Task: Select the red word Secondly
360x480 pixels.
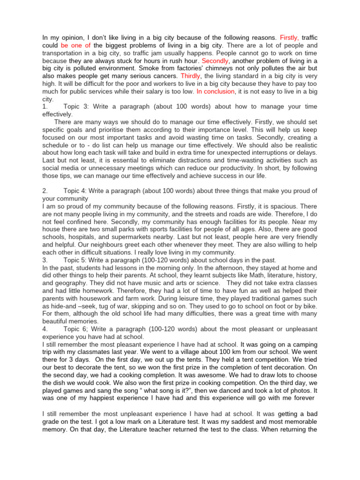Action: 215,60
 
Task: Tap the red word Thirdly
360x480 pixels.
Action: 187,75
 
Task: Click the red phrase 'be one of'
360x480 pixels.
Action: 76,45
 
